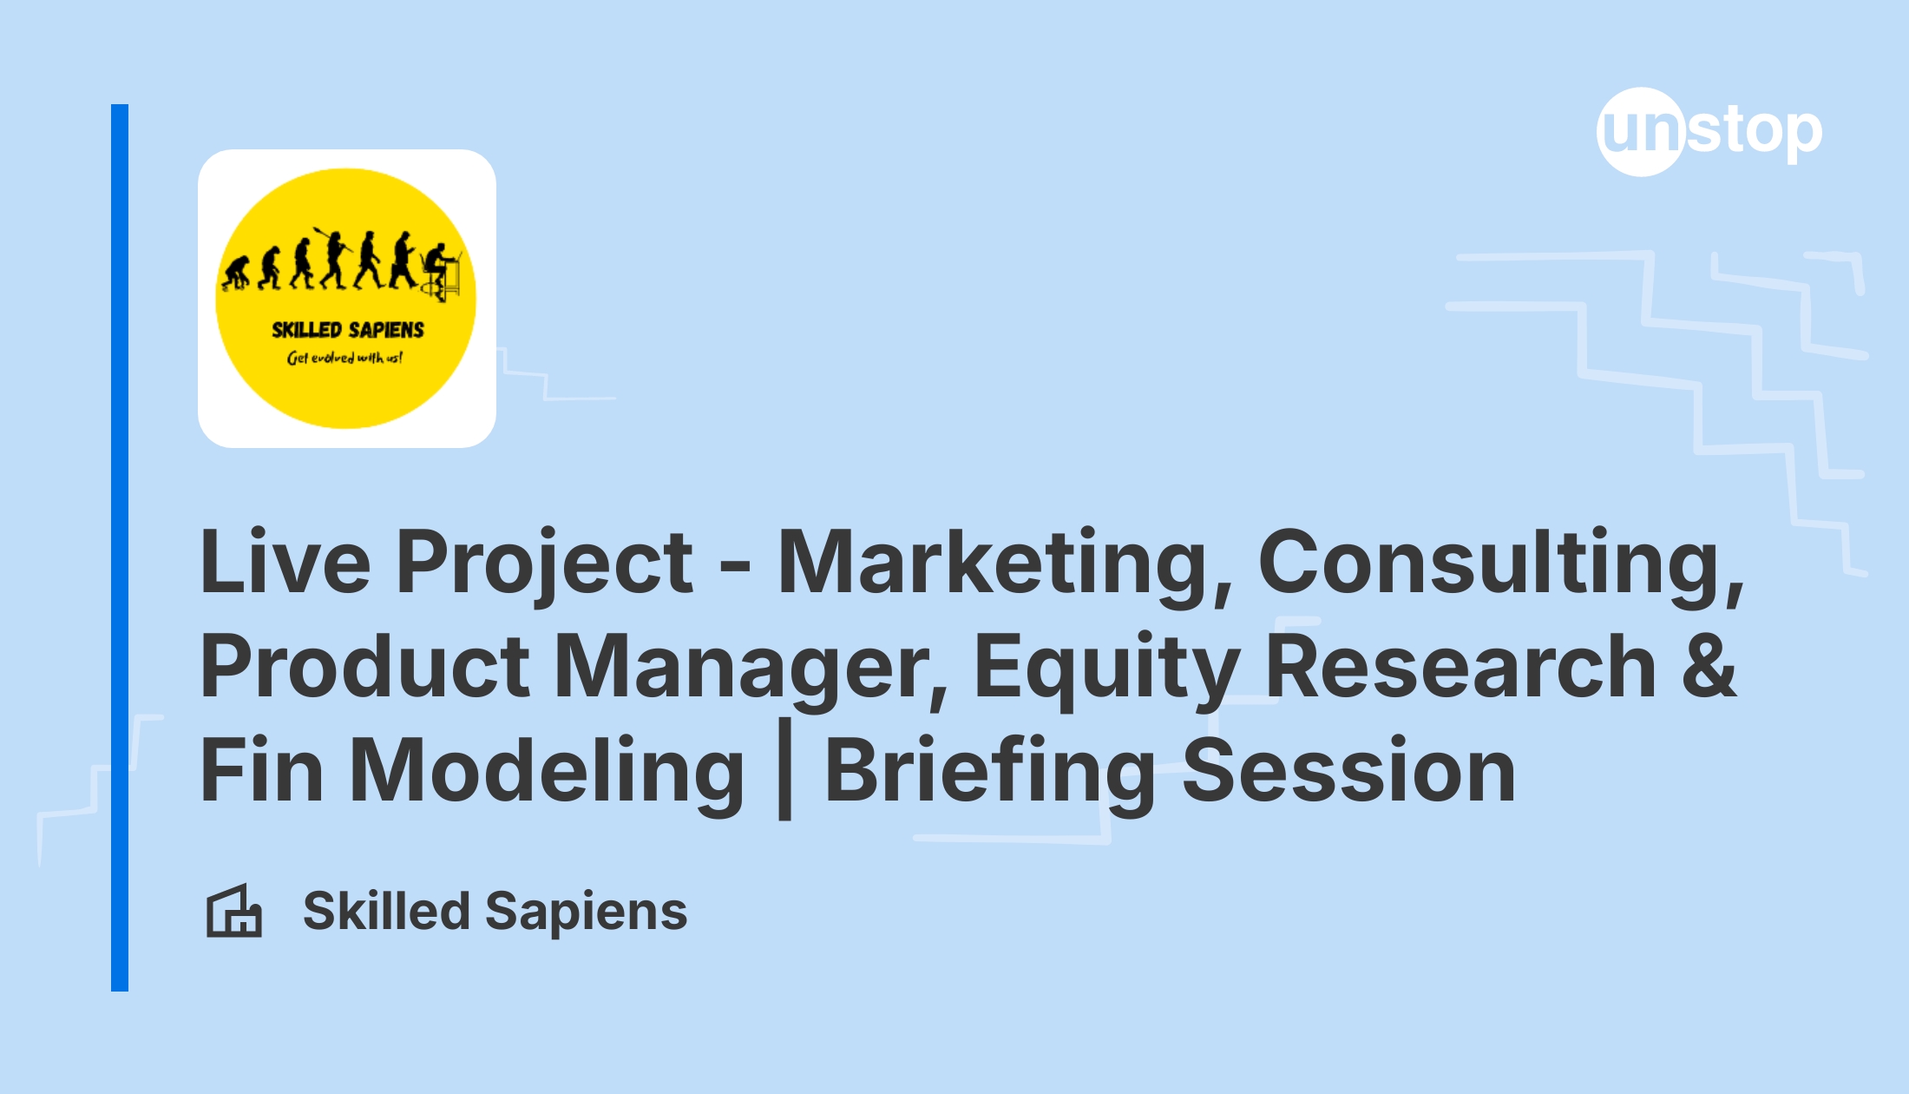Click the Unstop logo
1709,132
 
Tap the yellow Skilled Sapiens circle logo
346,298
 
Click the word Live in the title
286,562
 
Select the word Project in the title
545,565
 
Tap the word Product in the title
365,666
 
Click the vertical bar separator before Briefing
785,769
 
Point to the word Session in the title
1348,770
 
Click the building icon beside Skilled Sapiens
233,911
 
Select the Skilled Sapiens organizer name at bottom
495,913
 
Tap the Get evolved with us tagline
344,357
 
